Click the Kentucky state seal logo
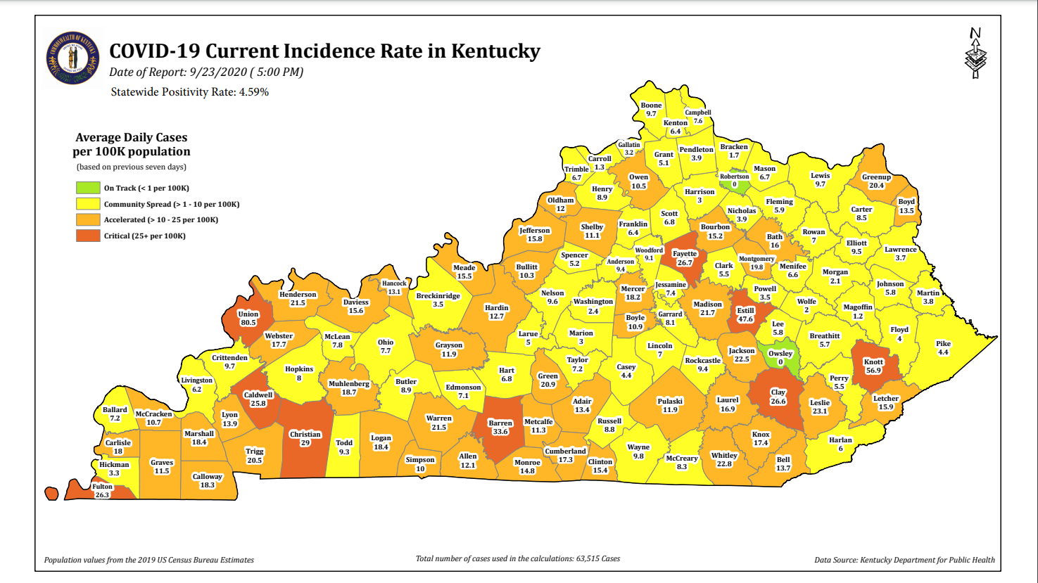click(72, 58)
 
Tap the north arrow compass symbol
click(975, 53)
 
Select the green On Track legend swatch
click(88, 188)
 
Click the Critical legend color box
click(88, 236)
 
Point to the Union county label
click(248, 314)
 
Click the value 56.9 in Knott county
click(873, 371)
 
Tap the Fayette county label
click(684, 254)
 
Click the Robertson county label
click(734, 177)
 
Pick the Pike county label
click(943, 344)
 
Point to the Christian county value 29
click(305, 443)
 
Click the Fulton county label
click(102, 487)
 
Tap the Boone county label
click(651, 105)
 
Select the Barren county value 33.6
click(500, 432)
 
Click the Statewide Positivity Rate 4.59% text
click(190, 92)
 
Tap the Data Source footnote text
click(904, 560)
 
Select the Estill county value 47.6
click(745, 319)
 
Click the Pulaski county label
click(670, 401)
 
